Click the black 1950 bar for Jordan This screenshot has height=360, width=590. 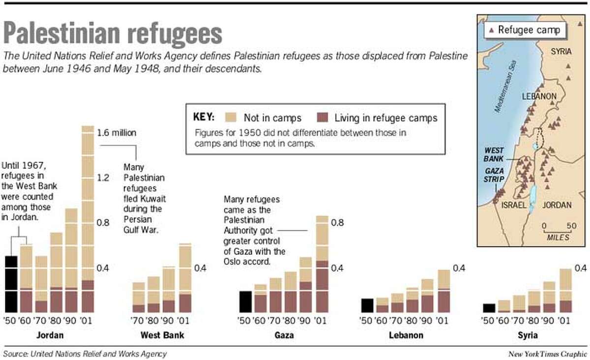(x=11, y=284)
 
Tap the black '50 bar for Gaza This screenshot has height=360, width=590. (x=244, y=301)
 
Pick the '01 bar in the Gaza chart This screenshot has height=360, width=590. (x=322, y=264)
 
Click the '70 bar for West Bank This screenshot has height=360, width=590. (x=139, y=297)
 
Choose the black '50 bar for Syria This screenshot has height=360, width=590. (x=489, y=308)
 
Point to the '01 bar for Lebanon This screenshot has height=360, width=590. (x=443, y=291)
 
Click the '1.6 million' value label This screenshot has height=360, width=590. (x=116, y=132)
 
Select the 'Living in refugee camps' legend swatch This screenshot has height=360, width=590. (x=323, y=118)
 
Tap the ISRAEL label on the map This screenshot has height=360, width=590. (x=514, y=205)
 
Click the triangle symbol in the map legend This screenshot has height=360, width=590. (x=491, y=30)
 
